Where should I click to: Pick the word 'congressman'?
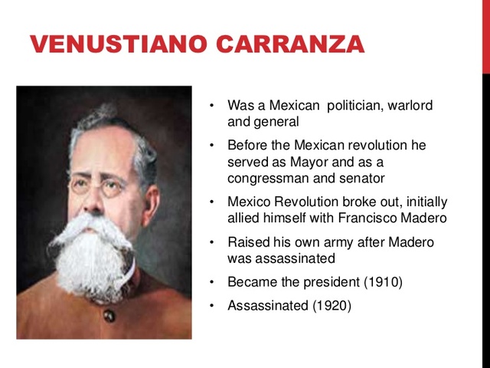pyautogui.click(x=265, y=178)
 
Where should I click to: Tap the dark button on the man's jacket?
pyautogui.click(x=109, y=316)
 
